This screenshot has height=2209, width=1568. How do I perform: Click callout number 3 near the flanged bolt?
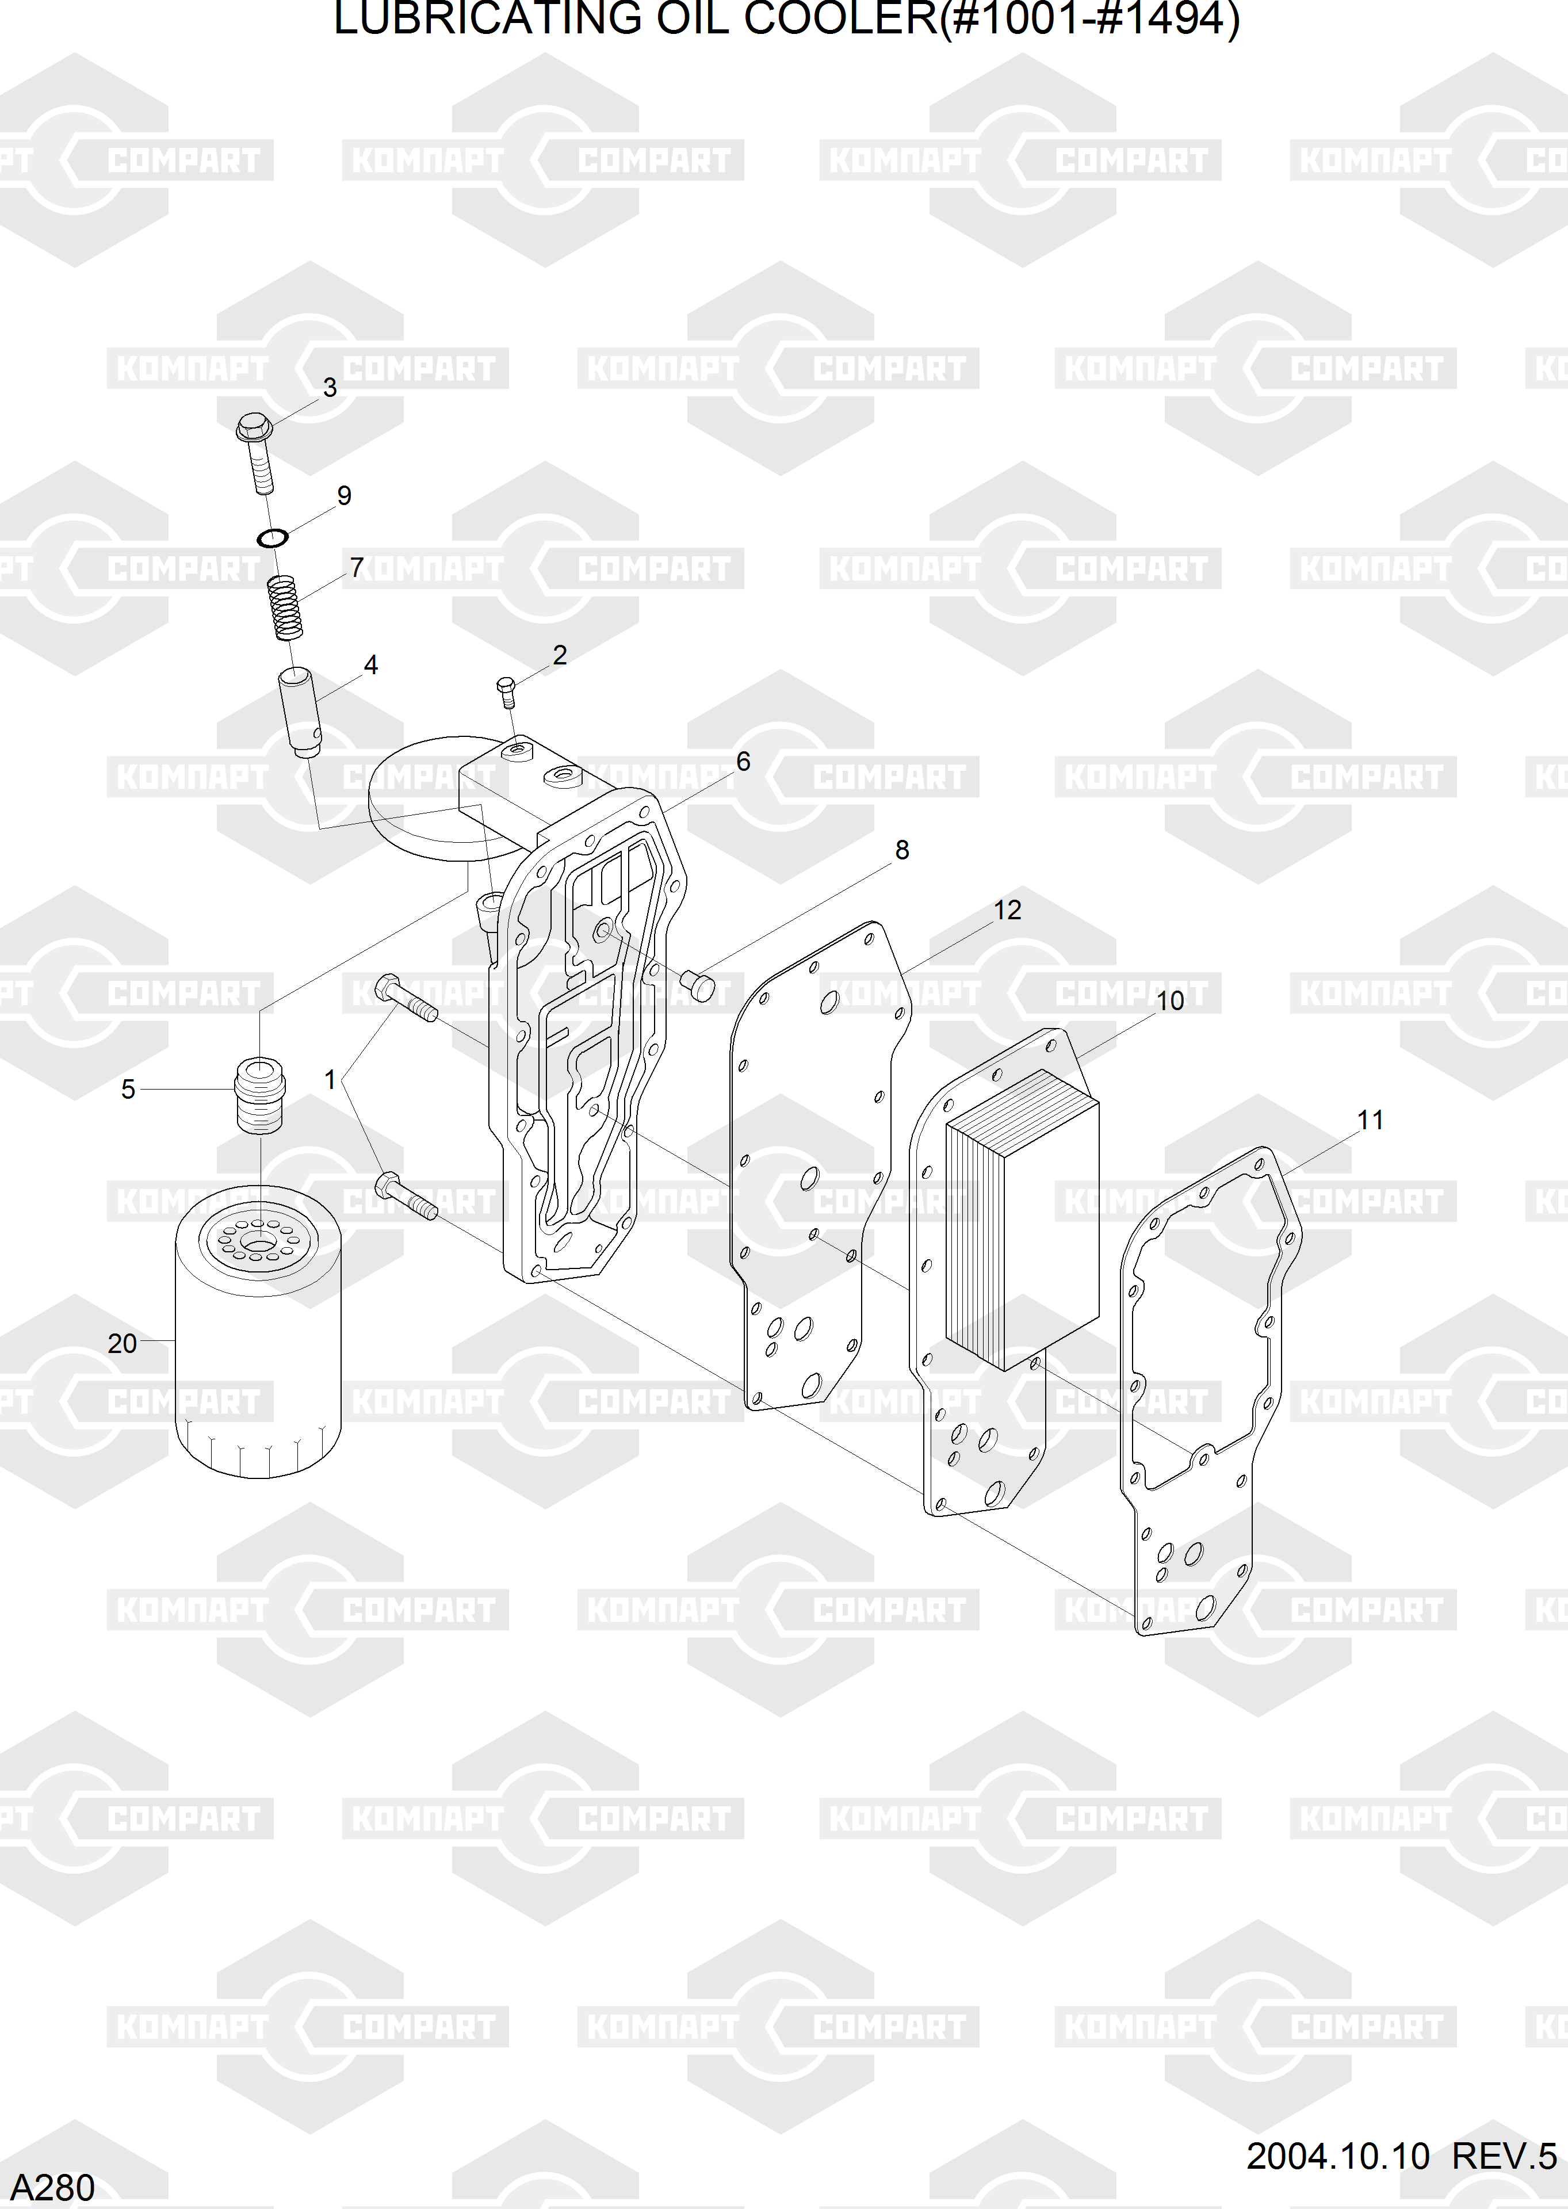pos(329,388)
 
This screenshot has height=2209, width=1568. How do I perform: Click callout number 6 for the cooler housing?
pos(743,762)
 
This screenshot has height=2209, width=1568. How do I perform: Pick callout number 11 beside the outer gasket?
pos(1370,1120)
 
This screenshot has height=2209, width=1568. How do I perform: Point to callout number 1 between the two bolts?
pos(330,1079)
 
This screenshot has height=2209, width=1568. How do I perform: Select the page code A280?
pos(52,2187)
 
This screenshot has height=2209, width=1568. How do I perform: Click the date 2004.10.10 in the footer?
pos(1337,2155)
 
